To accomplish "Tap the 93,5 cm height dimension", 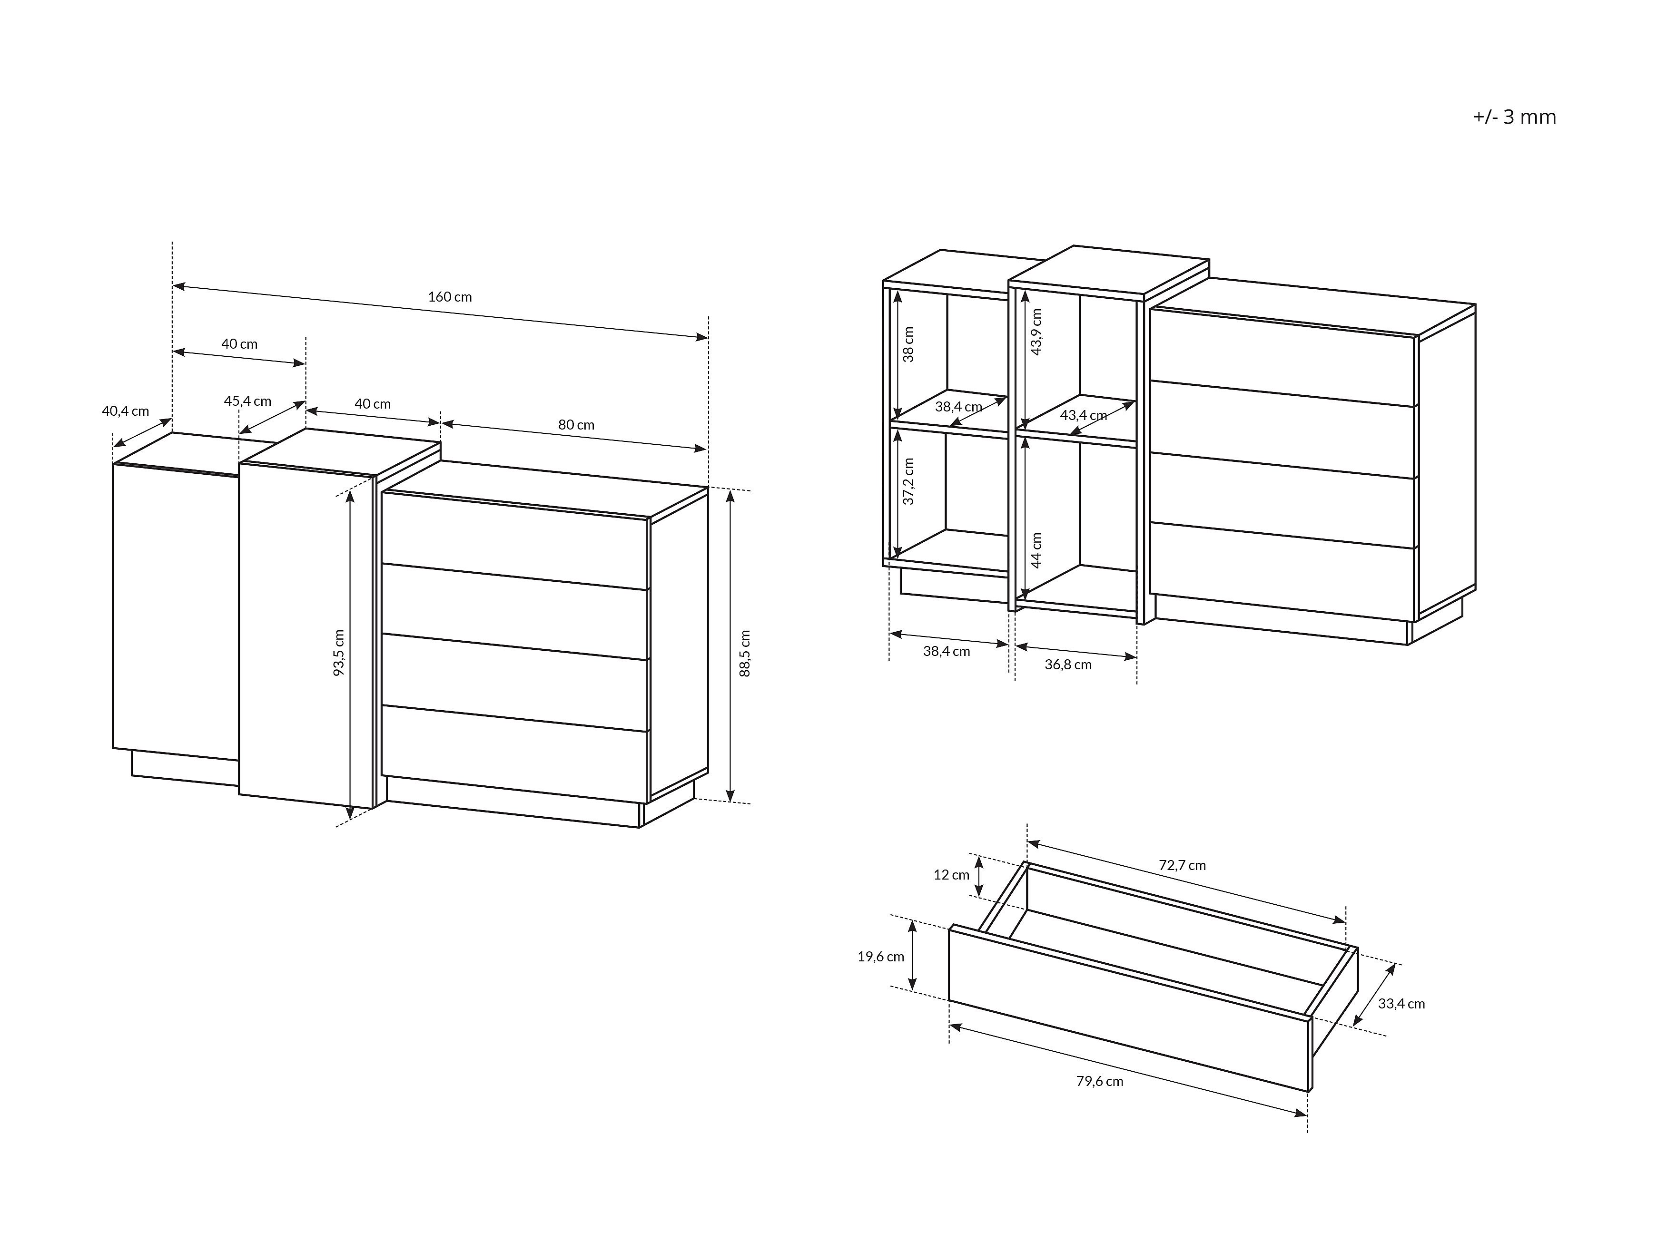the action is pos(339,653).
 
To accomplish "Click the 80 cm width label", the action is pos(576,424).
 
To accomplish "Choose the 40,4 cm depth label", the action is pos(125,411).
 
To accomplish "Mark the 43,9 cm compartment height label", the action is pos(1037,332).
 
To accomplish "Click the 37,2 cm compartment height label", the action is pos(908,481).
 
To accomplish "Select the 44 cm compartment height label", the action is pos(1037,550).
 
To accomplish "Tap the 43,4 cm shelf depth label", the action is pos(1083,415).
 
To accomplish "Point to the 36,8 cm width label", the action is pos(1068,664).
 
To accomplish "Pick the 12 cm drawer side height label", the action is pos(951,874).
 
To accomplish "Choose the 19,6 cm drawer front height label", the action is pos(881,956).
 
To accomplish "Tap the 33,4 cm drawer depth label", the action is pos(1401,1004).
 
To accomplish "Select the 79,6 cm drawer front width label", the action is pos(1100,1081).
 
